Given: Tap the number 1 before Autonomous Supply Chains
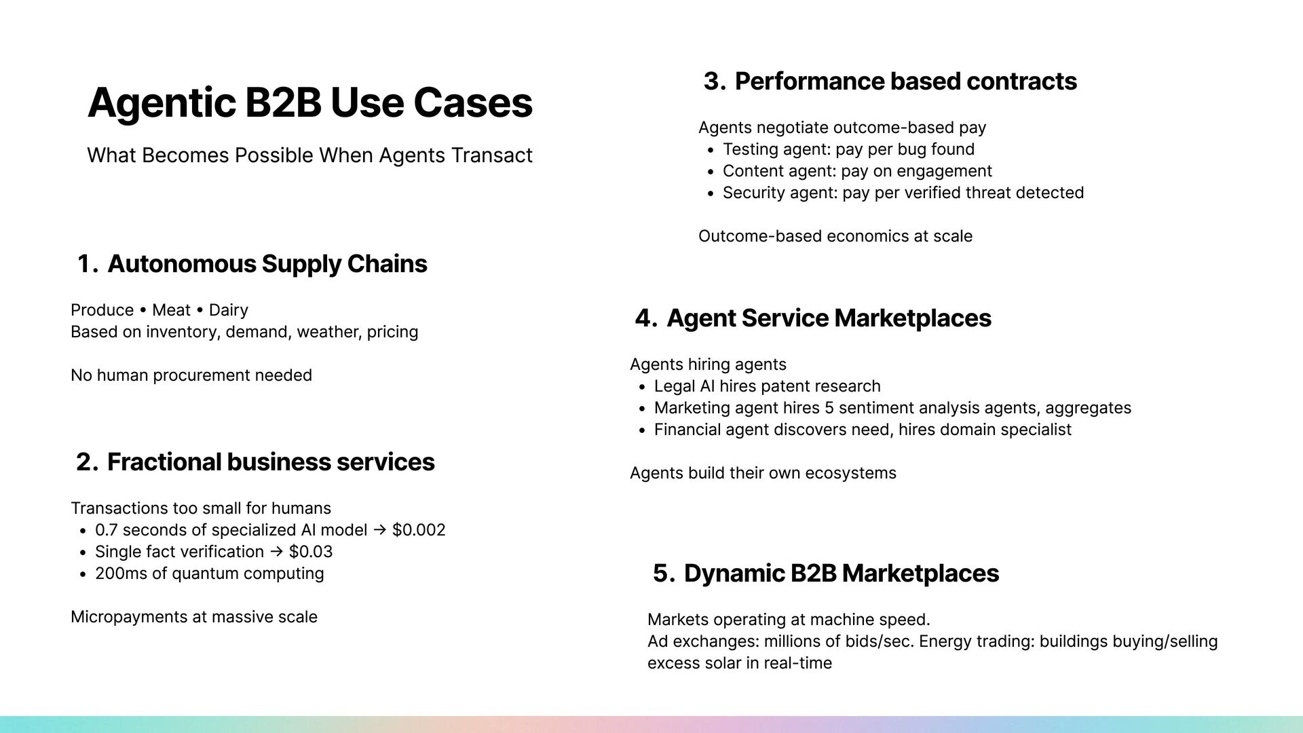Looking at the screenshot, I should coord(85,264).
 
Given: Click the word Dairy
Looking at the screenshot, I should coord(228,310).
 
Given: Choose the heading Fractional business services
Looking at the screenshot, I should coord(271,462).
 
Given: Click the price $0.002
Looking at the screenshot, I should coord(419,530).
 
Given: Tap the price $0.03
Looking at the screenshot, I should coord(311,552).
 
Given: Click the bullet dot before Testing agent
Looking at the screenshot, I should coord(710,151).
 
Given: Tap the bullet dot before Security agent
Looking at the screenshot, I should coord(710,194).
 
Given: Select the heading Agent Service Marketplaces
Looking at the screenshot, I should coord(829,318).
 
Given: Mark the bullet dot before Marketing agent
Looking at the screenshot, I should coord(641,409).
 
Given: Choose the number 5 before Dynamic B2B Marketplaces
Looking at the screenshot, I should coord(662,574).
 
